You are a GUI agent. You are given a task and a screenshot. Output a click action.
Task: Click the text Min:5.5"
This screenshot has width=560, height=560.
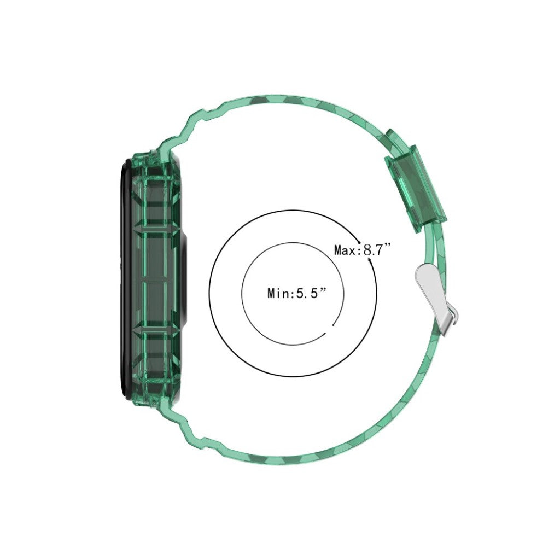297,294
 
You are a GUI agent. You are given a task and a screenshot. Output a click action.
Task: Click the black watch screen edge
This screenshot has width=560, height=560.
122,279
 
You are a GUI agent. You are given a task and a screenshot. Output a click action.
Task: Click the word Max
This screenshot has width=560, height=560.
345,250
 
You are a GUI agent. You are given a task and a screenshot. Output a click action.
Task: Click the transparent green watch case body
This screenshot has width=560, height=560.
156,279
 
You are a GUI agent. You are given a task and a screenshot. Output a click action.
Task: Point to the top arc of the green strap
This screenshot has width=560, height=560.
284,101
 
